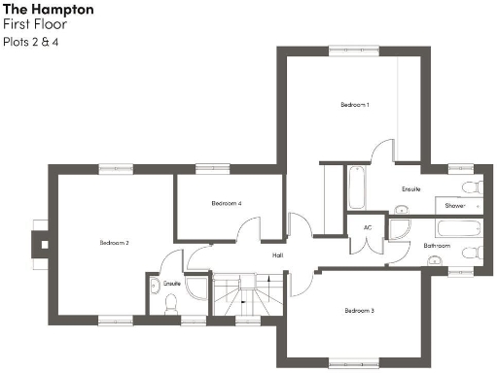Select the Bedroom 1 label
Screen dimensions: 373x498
(x=354, y=104)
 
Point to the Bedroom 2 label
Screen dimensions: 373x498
(x=115, y=242)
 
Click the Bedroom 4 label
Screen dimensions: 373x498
(x=226, y=204)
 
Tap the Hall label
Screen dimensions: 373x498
(x=277, y=255)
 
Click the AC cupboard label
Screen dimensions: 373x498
(x=368, y=227)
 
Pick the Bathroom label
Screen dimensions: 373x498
(x=437, y=246)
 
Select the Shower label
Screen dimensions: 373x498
(x=455, y=206)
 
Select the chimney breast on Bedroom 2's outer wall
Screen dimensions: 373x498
(x=39, y=241)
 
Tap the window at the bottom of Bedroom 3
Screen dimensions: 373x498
(x=351, y=362)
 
